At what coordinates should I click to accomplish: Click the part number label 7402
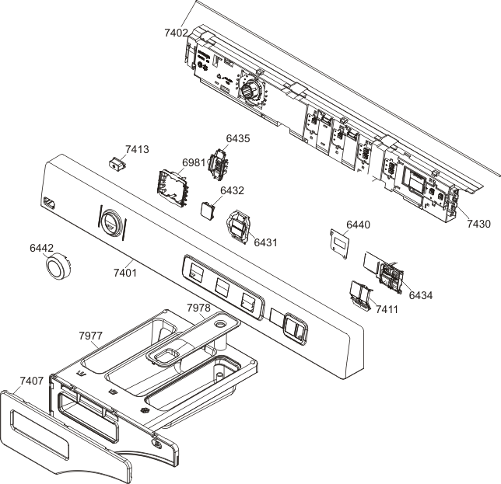pyautogui.click(x=176, y=33)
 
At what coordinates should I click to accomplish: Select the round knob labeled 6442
pyautogui.click(x=58, y=266)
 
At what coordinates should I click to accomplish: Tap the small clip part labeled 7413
pyautogui.click(x=117, y=163)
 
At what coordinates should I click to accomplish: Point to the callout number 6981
pyautogui.click(x=194, y=162)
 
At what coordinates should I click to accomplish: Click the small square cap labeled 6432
pyautogui.click(x=208, y=211)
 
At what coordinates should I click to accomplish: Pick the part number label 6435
pyautogui.click(x=238, y=138)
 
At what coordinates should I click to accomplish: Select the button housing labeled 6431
pyautogui.click(x=239, y=227)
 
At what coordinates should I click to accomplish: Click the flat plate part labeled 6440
pyautogui.click(x=339, y=244)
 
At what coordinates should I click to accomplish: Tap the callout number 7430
pyautogui.click(x=478, y=224)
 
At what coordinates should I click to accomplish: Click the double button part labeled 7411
pyautogui.click(x=361, y=294)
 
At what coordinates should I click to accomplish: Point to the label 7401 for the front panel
pyautogui.click(x=125, y=273)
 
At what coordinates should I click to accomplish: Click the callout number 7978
pyautogui.click(x=198, y=308)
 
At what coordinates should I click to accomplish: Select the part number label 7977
pyautogui.click(x=91, y=336)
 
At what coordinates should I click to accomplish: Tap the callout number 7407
pyautogui.click(x=32, y=381)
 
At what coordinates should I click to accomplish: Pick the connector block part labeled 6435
pyautogui.click(x=219, y=163)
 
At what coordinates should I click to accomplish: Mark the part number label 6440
pyautogui.click(x=359, y=225)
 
